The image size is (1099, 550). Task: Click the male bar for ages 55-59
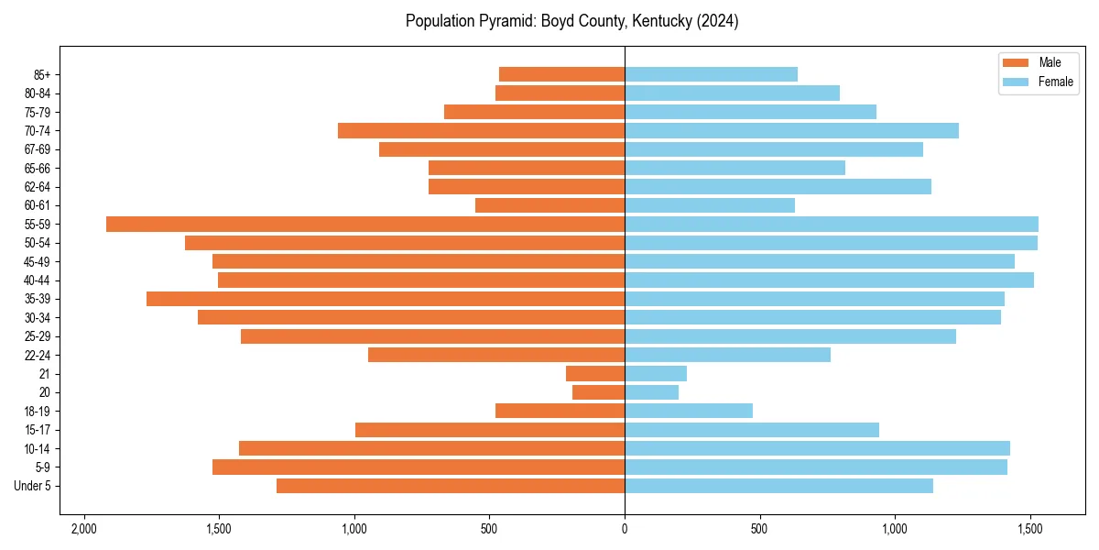[x=366, y=224]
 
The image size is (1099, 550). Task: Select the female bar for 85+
[x=711, y=74]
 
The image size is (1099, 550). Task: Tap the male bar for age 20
[x=599, y=392]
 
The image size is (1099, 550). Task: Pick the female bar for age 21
[x=656, y=374]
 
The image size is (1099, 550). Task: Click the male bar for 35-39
[x=385, y=299]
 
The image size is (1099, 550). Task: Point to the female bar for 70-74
[x=791, y=130]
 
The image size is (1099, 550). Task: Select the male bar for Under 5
[x=451, y=486]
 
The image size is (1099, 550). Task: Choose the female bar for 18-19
[x=689, y=411]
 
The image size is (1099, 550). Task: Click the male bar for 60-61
[x=549, y=205]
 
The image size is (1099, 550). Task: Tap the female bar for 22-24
[x=727, y=355]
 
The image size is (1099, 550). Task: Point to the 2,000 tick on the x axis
[x=84, y=529]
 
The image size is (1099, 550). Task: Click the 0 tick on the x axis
[x=625, y=529]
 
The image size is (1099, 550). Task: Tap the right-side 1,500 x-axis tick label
[x=1030, y=529]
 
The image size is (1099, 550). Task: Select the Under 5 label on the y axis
[x=33, y=486]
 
